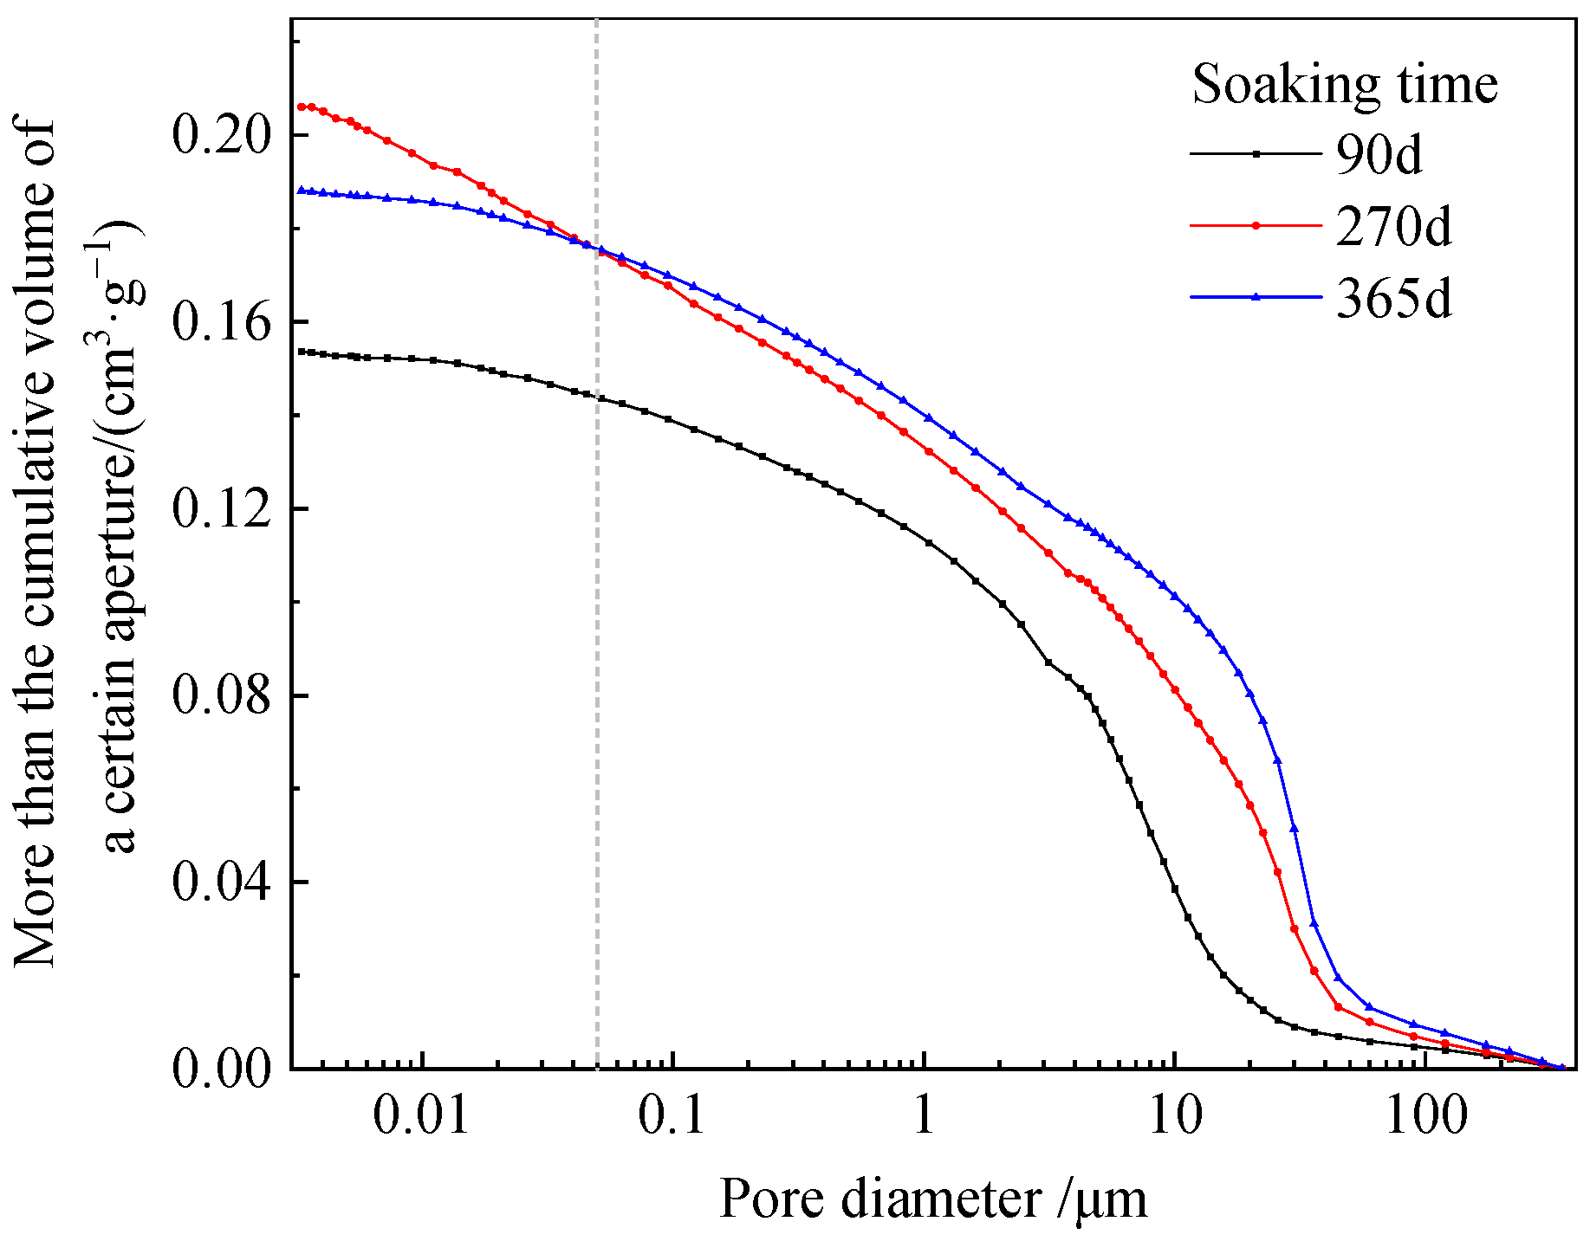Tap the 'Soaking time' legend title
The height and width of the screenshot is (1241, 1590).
[1345, 85]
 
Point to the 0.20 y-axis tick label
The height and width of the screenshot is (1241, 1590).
[220, 135]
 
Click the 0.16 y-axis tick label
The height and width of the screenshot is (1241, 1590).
[220, 322]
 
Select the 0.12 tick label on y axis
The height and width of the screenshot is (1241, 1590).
[220, 509]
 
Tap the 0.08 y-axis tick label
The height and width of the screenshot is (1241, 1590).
[220, 696]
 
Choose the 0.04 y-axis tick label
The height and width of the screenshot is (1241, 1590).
[220, 882]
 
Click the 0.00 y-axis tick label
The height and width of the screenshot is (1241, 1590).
[220, 1070]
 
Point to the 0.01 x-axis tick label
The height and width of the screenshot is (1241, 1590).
[422, 1116]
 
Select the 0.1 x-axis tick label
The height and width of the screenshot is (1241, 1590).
[672, 1116]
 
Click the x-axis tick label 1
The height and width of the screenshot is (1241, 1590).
[924, 1116]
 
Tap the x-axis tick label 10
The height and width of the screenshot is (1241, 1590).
[1174, 1116]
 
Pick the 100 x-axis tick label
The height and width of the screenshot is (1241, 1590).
[1425, 1116]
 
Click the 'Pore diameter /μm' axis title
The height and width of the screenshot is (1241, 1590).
[932, 1200]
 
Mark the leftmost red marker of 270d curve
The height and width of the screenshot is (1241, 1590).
[301, 107]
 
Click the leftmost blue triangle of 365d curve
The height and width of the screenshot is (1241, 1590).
[301, 190]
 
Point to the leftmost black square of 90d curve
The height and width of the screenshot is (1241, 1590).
[301, 352]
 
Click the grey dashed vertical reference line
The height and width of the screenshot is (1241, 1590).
[597, 606]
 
